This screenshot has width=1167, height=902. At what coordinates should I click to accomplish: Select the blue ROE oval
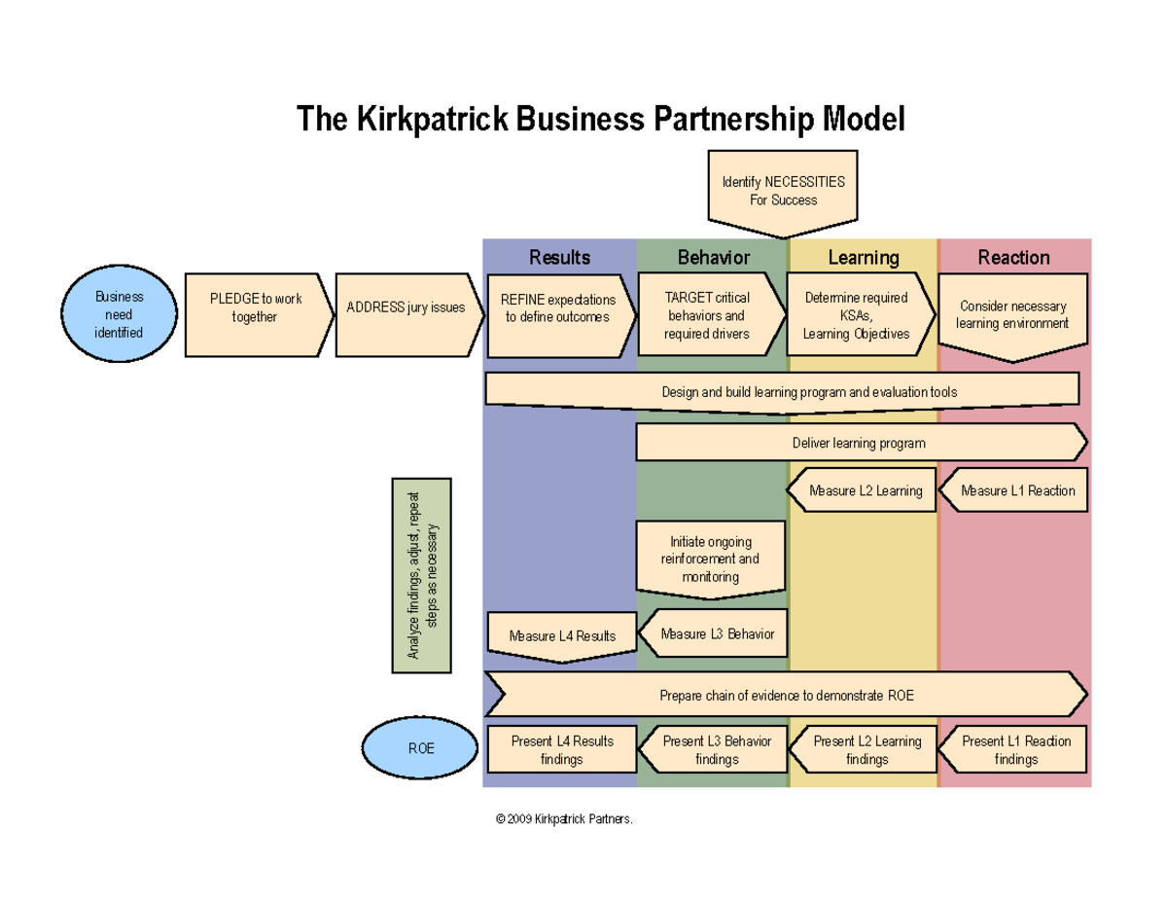click(421, 749)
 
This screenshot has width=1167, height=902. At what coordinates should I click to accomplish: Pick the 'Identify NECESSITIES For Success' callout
click(783, 191)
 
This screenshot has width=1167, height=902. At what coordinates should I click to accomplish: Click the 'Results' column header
click(559, 257)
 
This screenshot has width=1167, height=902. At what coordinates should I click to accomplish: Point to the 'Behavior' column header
click(713, 257)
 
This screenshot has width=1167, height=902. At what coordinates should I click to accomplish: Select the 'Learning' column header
click(863, 258)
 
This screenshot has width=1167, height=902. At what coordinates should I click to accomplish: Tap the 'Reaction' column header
click(1013, 257)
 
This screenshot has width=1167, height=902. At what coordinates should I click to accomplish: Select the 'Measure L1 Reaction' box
click(1016, 490)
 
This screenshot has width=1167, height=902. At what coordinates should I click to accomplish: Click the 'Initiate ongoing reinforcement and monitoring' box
click(711, 559)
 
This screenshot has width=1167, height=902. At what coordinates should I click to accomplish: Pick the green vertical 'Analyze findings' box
click(422, 575)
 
